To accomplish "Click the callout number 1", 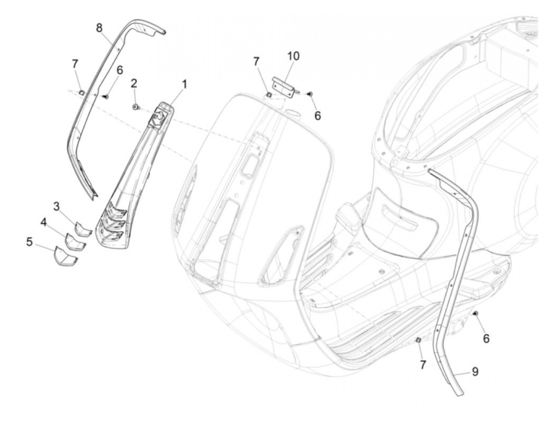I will click(x=184, y=84).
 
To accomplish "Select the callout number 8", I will click(x=99, y=28).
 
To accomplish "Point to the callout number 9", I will click(x=474, y=372).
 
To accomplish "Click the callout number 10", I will click(x=293, y=56).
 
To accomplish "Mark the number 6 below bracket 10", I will click(x=318, y=116).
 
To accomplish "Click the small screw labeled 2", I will click(x=135, y=106).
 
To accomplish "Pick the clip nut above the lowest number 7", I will click(x=418, y=340).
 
